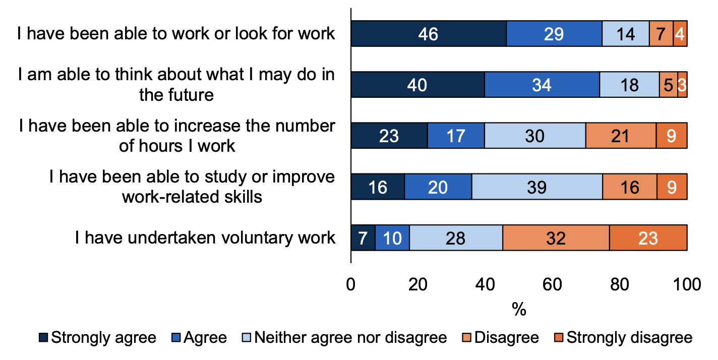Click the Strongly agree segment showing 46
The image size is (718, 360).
pos(429,34)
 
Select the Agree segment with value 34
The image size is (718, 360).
pos(542,85)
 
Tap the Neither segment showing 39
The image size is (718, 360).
pos(537,187)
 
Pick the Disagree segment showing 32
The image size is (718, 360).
pos(556,237)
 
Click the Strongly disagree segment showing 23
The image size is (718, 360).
pos(648,237)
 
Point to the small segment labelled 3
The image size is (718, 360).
pos(682,85)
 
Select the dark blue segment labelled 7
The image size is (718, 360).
pos(363,237)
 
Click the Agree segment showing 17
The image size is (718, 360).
pos(456,136)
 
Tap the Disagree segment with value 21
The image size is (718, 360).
pos(621,136)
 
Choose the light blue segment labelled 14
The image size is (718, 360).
pos(626,34)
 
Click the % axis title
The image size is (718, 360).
pos(519,309)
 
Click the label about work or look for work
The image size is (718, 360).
pos(176,33)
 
